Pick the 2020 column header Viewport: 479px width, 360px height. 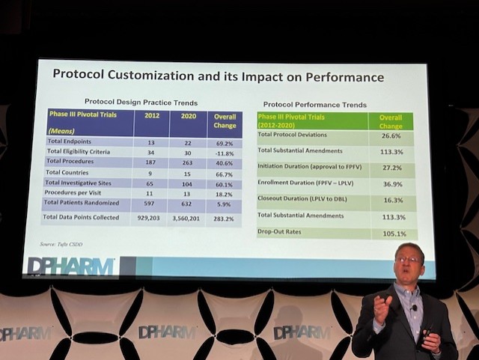(x=186, y=117)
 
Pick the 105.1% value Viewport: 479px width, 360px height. (x=390, y=233)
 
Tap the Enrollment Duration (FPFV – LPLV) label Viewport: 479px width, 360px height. (x=306, y=183)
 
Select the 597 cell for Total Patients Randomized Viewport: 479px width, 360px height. (x=150, y=203)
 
